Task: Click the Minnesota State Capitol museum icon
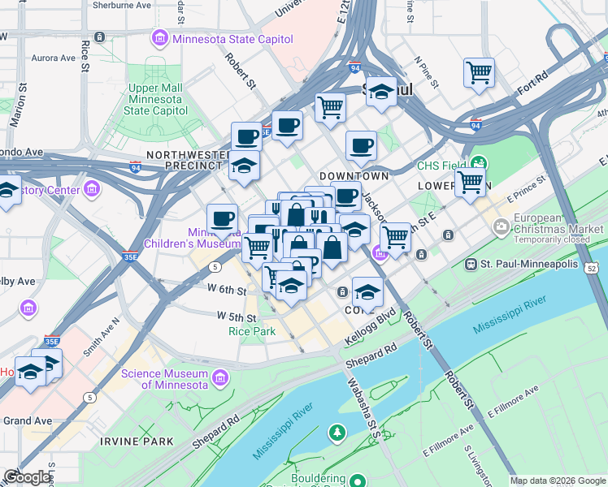pos(159,37)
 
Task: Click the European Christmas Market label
pos(550,223)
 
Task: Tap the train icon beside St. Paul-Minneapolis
pos(471,265)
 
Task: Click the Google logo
pos(27,476)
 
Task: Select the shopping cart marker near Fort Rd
pos(480,73)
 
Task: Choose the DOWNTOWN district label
pos(354,176)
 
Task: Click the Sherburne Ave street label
pos(122,5)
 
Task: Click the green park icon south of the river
pos(337,433)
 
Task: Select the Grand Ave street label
pos(28,420)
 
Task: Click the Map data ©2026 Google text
pos(558,481)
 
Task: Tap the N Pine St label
pos(419,68)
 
